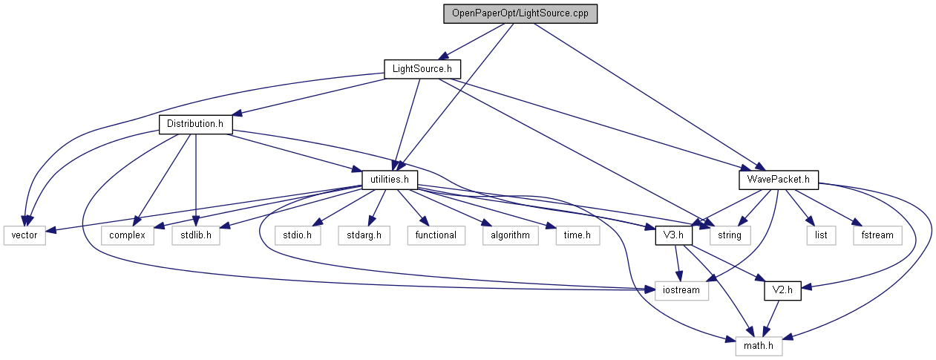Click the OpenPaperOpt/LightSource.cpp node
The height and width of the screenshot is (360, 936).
[520, 14]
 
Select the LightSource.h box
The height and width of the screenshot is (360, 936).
[422, 69]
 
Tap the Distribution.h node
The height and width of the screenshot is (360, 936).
[195, 124]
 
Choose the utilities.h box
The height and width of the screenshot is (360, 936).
[390, 180]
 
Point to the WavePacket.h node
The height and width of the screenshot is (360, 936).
[779, 180]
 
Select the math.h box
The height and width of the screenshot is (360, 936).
[758, 346]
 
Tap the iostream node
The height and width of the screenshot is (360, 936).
[681, 291]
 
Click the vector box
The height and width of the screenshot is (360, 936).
[24, 235]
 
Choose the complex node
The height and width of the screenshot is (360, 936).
[131, 235]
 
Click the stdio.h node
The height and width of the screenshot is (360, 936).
[297, 235]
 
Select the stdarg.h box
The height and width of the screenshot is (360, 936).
[364, 235]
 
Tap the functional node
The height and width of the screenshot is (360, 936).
[435, 235]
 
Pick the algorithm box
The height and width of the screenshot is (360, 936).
[509, 235]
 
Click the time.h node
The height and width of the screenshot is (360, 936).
[577, 235]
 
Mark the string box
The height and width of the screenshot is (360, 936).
[730, 235]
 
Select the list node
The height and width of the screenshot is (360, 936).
[820, 235]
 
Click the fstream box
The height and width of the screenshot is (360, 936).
[877, 235]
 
